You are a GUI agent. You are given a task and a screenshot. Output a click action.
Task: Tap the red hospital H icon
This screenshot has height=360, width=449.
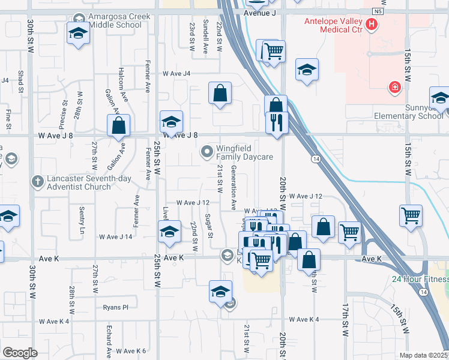(x=372, y=25)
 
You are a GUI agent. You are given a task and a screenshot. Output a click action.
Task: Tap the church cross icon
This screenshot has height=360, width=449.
(x=37, y=181)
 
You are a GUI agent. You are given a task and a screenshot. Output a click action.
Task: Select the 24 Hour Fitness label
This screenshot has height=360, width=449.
(x=420, y=279)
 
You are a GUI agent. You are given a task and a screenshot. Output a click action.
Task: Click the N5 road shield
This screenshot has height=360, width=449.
(x=376, y=11)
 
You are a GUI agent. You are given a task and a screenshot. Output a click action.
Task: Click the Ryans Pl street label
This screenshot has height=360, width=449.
(x=115, y=307)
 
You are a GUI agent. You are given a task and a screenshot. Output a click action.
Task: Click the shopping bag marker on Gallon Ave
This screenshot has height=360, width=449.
(x=119, y=125)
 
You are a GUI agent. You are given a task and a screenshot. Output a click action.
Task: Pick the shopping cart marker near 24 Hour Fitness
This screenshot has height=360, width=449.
(x=411, y=215)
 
